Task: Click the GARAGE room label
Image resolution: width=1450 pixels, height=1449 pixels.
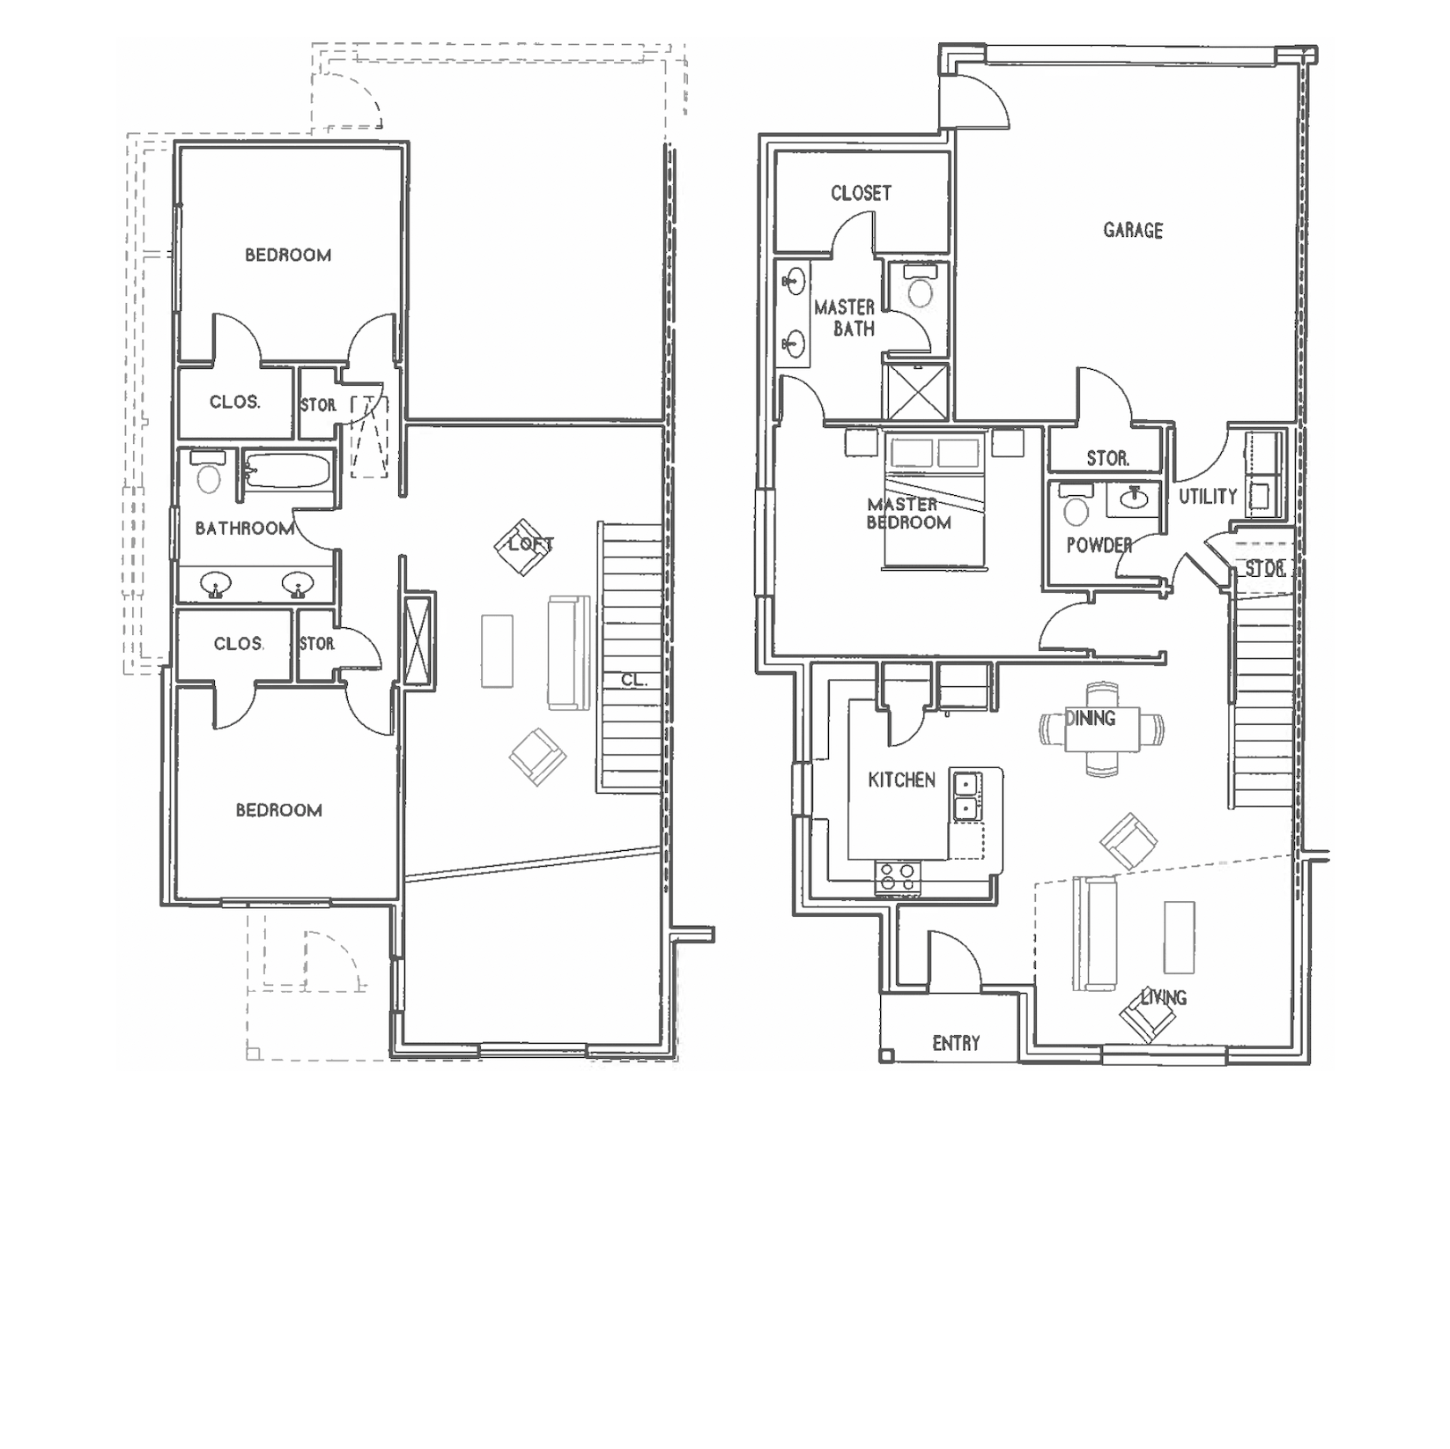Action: (1133, 231)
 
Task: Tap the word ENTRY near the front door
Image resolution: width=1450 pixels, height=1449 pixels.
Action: (956, 1044)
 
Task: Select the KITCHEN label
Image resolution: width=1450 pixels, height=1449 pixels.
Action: (901, 780)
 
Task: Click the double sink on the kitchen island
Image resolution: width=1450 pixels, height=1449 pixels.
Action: (966, 795)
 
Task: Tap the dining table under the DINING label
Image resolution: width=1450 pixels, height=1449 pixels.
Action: (1101, 730)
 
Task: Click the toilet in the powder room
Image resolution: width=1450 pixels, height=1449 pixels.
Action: (1076, 505)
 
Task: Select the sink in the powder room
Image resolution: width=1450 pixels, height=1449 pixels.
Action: (1135, 499)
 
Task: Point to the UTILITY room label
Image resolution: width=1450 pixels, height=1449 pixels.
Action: (1208, 497)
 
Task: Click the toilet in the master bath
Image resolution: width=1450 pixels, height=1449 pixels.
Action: (920, 287)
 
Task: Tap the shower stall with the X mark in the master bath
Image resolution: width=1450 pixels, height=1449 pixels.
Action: (916, 391)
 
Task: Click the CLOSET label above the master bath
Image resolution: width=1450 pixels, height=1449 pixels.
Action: (861, 193)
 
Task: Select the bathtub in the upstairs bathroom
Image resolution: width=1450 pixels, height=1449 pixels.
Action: (288, 470)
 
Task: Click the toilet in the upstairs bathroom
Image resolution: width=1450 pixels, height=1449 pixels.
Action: (209, 472)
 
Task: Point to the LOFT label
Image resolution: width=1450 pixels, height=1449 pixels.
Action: (531, 544)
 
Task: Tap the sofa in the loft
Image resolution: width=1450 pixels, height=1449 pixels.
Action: (568, 653)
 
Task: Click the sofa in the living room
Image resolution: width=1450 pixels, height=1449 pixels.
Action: (1095, 934)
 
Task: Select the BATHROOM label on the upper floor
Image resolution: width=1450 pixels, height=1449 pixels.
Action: (245, 529)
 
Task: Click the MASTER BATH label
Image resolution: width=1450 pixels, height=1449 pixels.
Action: (845, 318)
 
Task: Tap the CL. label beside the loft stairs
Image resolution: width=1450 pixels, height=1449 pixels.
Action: (634, 680)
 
